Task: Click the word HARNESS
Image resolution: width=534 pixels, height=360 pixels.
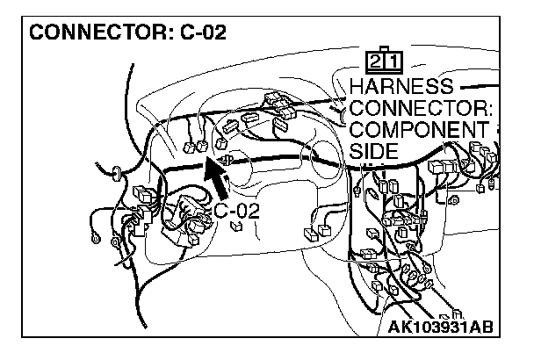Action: point(400,88)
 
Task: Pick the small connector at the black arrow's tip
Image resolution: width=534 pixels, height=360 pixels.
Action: point(227,161)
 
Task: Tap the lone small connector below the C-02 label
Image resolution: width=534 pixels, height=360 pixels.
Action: point(235,227)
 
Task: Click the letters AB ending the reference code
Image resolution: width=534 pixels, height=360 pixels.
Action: point(480,328)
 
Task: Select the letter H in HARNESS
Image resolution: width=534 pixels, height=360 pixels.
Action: point(357,88)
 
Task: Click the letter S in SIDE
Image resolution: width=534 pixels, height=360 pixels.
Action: point(356,151)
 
